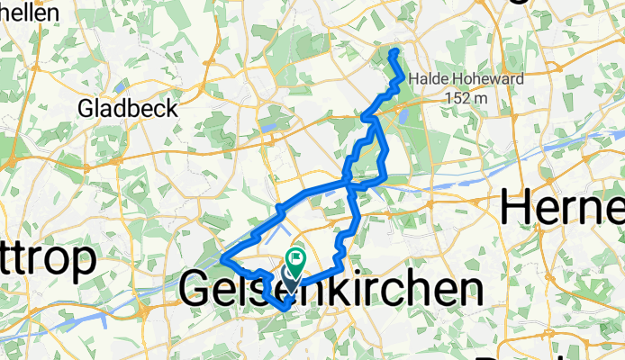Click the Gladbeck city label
pyautogui.click(x=128, y=109)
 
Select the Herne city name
pyautogui.click(x=563, y=208)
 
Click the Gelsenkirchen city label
pyautogui.click(x=329, y=290)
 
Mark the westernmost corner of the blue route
pyautogui.click(x=222, y=260)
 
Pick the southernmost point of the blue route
pyautogui.click(x=285, y=309)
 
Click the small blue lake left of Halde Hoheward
pyautogui.click(x=402, y=114)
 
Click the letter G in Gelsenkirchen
pyautogui.click(x=196, y=290)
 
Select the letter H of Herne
pyautogui.click(x=520, y=208)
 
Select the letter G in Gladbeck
pyautogui.click(x=87, y=109)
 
